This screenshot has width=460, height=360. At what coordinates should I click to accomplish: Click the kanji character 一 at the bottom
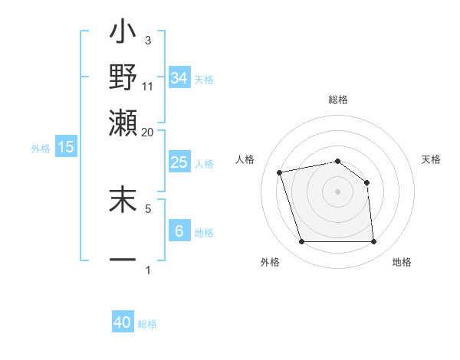(x=123, y=259)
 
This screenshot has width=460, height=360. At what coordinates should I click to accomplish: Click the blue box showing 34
(x=179, y=78)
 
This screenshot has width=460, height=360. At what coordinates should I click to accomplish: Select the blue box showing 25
(x=179, y=162)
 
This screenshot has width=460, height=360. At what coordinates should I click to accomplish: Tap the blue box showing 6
(x=179, y=231)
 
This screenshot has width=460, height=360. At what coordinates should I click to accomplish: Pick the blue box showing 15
(x=66, y=147)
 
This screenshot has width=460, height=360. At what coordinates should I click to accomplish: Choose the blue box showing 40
(x=123, y=322)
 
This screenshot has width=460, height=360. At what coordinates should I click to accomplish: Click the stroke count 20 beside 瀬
(x=148, y=131)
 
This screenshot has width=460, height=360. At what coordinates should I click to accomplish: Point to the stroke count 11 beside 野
(x=148, y=86)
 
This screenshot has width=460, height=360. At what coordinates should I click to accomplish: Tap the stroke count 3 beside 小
(x=148, y=40)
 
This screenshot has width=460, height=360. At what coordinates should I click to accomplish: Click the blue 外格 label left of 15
(x=41, y=149)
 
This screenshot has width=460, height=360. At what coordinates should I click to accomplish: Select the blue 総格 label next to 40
(x=148, y=324)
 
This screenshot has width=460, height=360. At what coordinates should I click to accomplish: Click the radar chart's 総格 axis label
(x=338, y=100)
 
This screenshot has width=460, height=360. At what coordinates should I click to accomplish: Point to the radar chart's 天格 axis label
(x=432, y=159)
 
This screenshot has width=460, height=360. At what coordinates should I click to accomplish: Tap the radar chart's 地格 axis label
(x=402, y=263)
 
